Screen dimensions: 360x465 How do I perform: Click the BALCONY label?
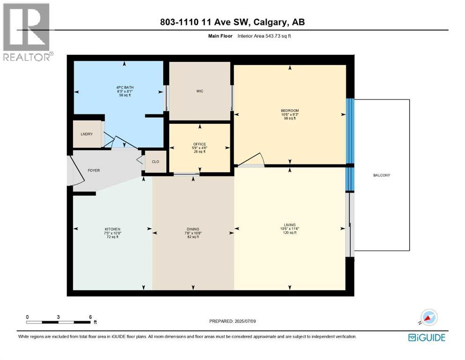click(382, 175)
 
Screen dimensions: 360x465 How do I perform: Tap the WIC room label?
click(200, 91)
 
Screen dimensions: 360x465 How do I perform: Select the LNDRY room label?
click(86, 135)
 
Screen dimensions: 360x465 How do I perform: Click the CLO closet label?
click(155, 162)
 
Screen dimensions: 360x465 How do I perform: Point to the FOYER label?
click(94, 171)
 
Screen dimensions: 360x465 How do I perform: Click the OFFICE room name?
click(200, 144)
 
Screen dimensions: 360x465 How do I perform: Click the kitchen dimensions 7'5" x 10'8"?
click(112, 233)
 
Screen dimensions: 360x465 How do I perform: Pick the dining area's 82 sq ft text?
click(193, 237)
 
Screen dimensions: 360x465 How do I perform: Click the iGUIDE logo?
click(427, 337)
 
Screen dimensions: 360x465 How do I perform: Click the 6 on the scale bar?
click(90, 317)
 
